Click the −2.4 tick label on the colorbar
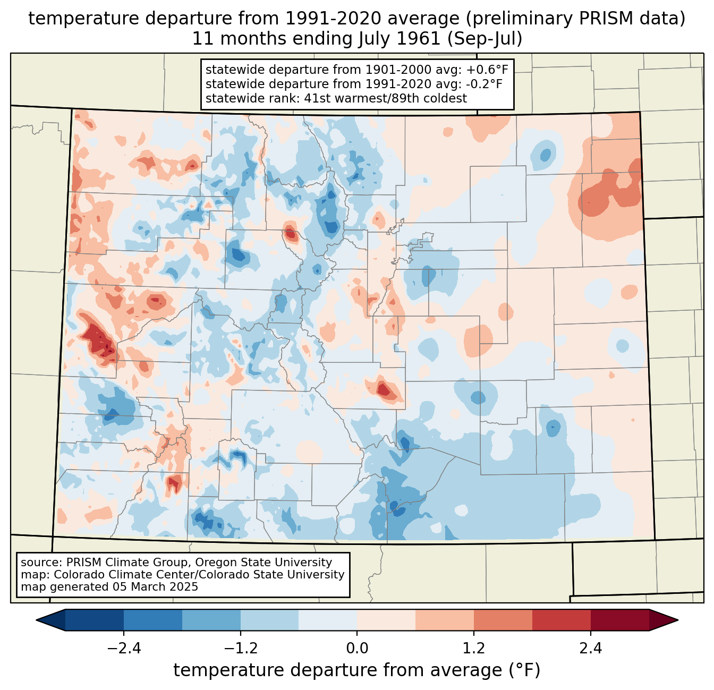pyautogui.click(x=124, y=649)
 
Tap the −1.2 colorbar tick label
pyautogui.click(x=240, y=649)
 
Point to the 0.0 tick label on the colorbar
pyautogui.click(x=357, y=649)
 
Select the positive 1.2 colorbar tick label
pyautogui.click(x=474, y=649)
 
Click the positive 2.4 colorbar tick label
pyautogui.click(x=591, y=649)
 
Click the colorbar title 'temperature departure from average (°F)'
pyautogui.click(x=356, y=670)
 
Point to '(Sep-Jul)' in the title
pyautogui.click(x=484, y=39)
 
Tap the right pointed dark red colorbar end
pyautogui.click(x=664, y=620)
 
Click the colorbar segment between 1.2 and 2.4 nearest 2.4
pyautogui.click(x=562, y=620)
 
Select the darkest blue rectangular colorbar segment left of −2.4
pyautogui.click(x=94, y=620)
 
